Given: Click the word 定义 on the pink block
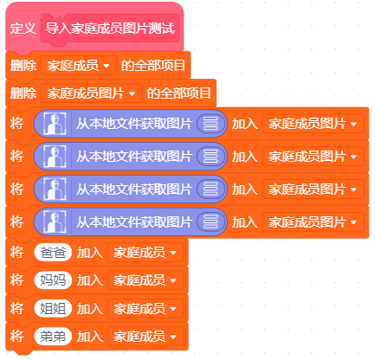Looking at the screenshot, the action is coord(23,29).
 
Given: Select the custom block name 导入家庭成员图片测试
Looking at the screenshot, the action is coord(110,29).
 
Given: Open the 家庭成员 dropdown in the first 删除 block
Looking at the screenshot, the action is coord(79,66).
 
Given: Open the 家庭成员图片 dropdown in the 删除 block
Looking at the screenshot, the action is coord(92,93).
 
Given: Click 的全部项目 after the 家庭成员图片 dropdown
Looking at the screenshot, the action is coord(179,93).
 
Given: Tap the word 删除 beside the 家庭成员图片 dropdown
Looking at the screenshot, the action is coord(23,93).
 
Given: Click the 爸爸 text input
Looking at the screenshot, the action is coord(53,253).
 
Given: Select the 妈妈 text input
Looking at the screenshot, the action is coord(53,280).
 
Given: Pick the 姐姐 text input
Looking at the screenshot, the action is coord(53,309).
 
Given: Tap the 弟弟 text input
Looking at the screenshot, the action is coord(53,337).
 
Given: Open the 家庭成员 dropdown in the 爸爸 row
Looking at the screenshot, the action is coord(145,253).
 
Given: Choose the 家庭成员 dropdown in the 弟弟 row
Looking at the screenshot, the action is coord(145,337).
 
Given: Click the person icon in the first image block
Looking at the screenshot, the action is coord(55,124).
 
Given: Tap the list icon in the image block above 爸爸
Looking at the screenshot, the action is coord(211,222).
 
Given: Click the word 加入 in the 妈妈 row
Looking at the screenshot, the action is coord(90,280).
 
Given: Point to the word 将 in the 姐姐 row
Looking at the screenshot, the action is coord(16,309).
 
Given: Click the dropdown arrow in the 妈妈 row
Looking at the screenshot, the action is coord(173,280).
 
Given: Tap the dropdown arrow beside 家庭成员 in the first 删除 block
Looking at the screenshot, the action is coord(107,66).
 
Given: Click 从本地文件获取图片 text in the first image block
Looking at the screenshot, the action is coord(134,124).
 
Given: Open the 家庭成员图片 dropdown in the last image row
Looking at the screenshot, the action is coord(314,222).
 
